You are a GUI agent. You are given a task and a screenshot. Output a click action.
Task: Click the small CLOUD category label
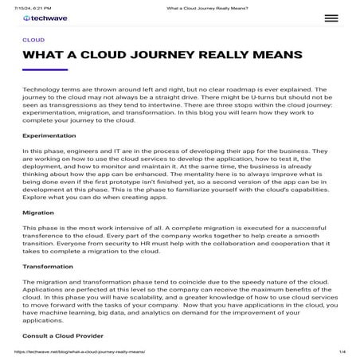click(x=33, y=39)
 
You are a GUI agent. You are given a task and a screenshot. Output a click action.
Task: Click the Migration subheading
click(x=38, y=213)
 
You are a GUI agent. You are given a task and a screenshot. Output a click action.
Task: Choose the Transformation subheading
click(x=48, y=265)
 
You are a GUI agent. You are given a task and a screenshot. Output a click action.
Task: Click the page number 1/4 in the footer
click(x=340, y=351)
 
